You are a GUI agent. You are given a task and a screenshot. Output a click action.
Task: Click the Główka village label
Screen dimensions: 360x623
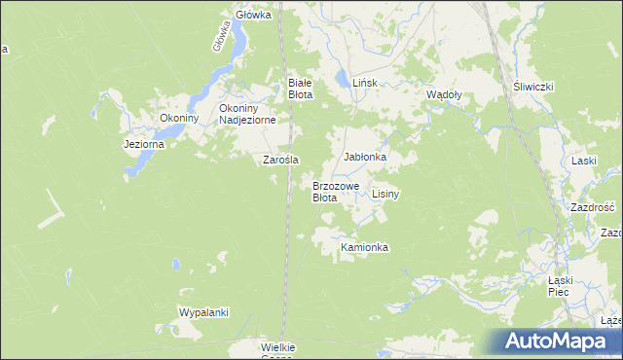[253, 16]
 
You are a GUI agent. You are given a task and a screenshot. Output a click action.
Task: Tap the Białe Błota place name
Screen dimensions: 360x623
[299, 89]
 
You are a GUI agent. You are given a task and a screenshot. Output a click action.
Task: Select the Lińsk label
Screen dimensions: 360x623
[364, 84]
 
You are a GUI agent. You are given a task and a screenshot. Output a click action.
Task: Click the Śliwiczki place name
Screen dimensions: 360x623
[533, 87]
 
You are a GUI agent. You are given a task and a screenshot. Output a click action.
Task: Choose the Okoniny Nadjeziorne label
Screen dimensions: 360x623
[248, 114]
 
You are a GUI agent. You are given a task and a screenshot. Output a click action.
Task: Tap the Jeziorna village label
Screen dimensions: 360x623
[144, 143]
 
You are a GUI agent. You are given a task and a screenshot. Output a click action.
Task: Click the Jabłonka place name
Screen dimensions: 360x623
[365, 157]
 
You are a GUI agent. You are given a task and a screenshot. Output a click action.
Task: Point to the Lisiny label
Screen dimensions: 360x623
[385, 195]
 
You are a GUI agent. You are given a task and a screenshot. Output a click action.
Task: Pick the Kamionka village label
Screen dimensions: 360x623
[364, 248]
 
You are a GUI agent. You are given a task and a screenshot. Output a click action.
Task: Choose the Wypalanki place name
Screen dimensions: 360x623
[203, 312]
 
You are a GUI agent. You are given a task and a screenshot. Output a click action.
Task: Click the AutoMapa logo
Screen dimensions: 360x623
[557, 342]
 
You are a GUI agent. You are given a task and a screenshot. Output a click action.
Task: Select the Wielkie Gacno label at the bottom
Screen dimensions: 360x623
[278, 352]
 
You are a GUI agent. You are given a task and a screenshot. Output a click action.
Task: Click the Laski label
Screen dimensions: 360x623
[584, 161]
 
